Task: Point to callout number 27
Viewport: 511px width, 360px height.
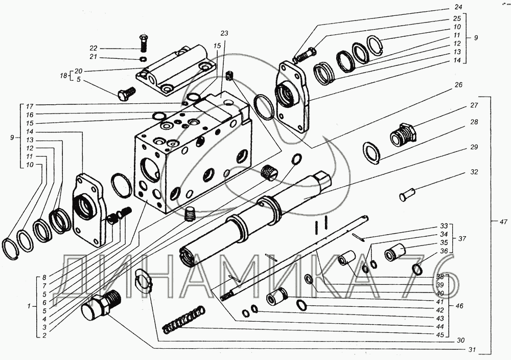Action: tap(474, 106)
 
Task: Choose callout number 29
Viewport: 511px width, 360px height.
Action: tap(474, 148)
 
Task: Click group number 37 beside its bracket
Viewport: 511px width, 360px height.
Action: tap(462, 238)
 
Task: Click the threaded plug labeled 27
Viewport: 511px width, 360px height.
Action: tap(402, 134)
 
